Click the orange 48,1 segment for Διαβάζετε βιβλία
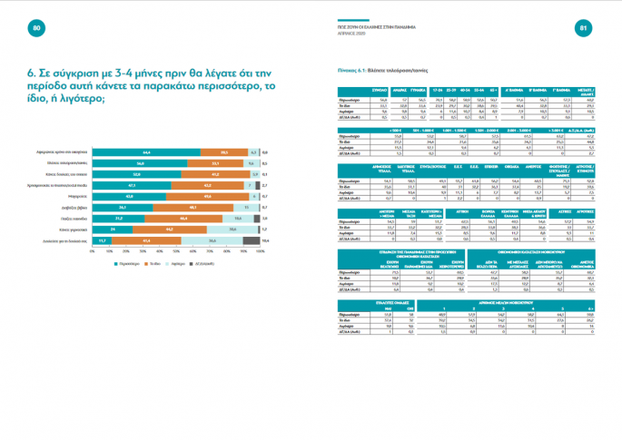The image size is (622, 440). (193, 206)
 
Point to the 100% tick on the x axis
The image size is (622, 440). (261, 251)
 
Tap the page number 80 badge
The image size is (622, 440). (37, 29)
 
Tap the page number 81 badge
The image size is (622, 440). (584, 29)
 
